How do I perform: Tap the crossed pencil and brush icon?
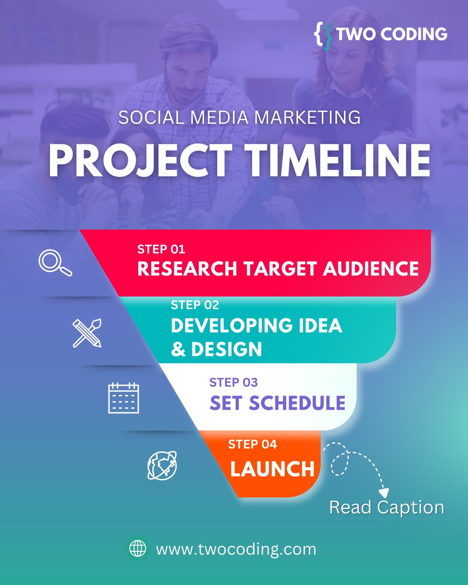pyautogui.click(x=87, y=333)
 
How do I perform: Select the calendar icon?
pyautogui.click(x=123, y=398)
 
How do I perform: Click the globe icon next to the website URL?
pyautogui.click(x=137, y=549)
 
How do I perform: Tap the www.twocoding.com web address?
pyautogui.click(x=236, y=549)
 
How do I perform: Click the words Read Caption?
pyautogui.click(x=387, y=507)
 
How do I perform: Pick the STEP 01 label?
pyautogui.click(x=161, y=250)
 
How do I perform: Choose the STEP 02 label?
pyautogui.click(x=195, y=305)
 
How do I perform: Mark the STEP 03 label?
pyautogui.click(x=234, y=382)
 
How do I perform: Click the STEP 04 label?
pyautogui.click(x=253, y=444)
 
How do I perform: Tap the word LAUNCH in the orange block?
pyautogui.click(x=273, y=469)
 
